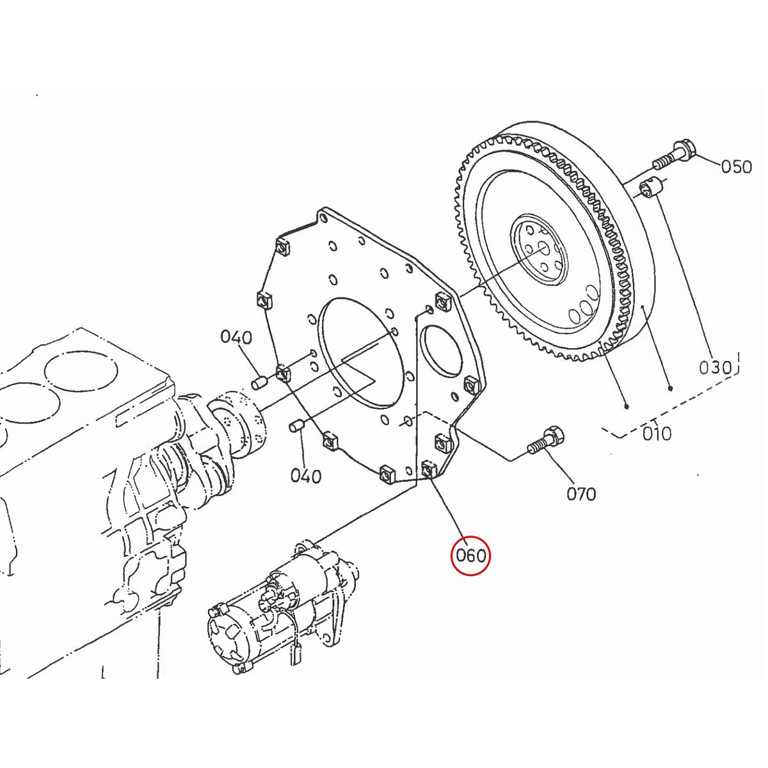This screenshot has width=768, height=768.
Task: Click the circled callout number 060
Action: pyautogui.click(x=470, y=556)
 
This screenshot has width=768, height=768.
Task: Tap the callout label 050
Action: pyautogui.click(x=736, y=167)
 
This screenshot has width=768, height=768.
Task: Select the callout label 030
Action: pyautogui.click(x=714, y=367)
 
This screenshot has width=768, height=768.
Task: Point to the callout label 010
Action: pyautogui.click(x=657, y=433)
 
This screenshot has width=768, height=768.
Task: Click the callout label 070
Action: pyautogui.click(x=581, y=493)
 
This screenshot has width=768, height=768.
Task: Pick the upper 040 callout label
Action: pyautogui.click(x=236, y=337)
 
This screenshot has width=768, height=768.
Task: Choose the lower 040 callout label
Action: pyautogui.click(x=305, y=476)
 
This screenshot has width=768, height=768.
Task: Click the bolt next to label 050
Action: pyautogui.click(x=674, y=154)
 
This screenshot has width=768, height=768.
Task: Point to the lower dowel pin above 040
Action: pyautogui.click(x=296, y=426)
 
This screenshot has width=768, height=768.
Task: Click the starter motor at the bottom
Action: pyautogui.click(x=282, y=608)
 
